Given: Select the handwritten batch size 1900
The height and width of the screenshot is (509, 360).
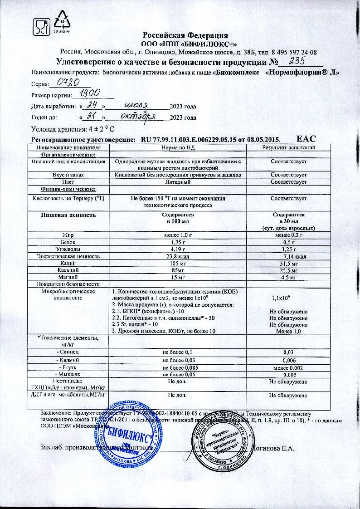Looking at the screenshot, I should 90,93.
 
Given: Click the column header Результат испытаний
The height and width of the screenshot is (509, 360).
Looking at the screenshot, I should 289,148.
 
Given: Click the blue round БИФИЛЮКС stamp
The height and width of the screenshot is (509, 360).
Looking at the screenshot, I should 120,431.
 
